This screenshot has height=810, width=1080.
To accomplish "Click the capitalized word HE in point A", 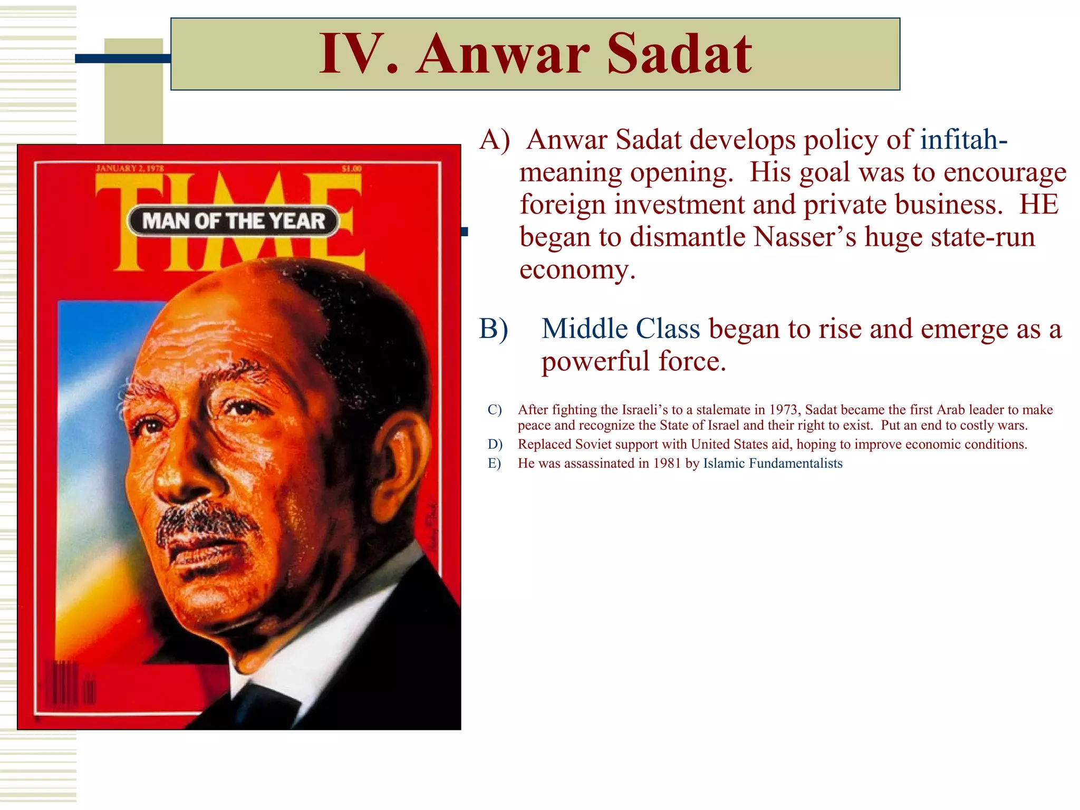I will (x=1038, y=205).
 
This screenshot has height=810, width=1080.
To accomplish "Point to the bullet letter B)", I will (x=494, y=329).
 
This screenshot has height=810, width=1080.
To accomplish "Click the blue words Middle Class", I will (x=621, y=329).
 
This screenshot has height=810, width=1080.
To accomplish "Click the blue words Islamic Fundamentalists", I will (x=773, y=464).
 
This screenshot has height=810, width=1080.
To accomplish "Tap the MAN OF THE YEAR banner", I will (x=233, y=221).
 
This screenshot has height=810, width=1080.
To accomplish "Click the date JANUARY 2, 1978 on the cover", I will (x=130, y=169).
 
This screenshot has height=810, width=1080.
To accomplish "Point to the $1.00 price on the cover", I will (x=351, y=169).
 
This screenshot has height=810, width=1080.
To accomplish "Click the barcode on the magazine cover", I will (x=69, y=684).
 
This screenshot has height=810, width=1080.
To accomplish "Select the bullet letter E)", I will (x=494, y=464).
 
